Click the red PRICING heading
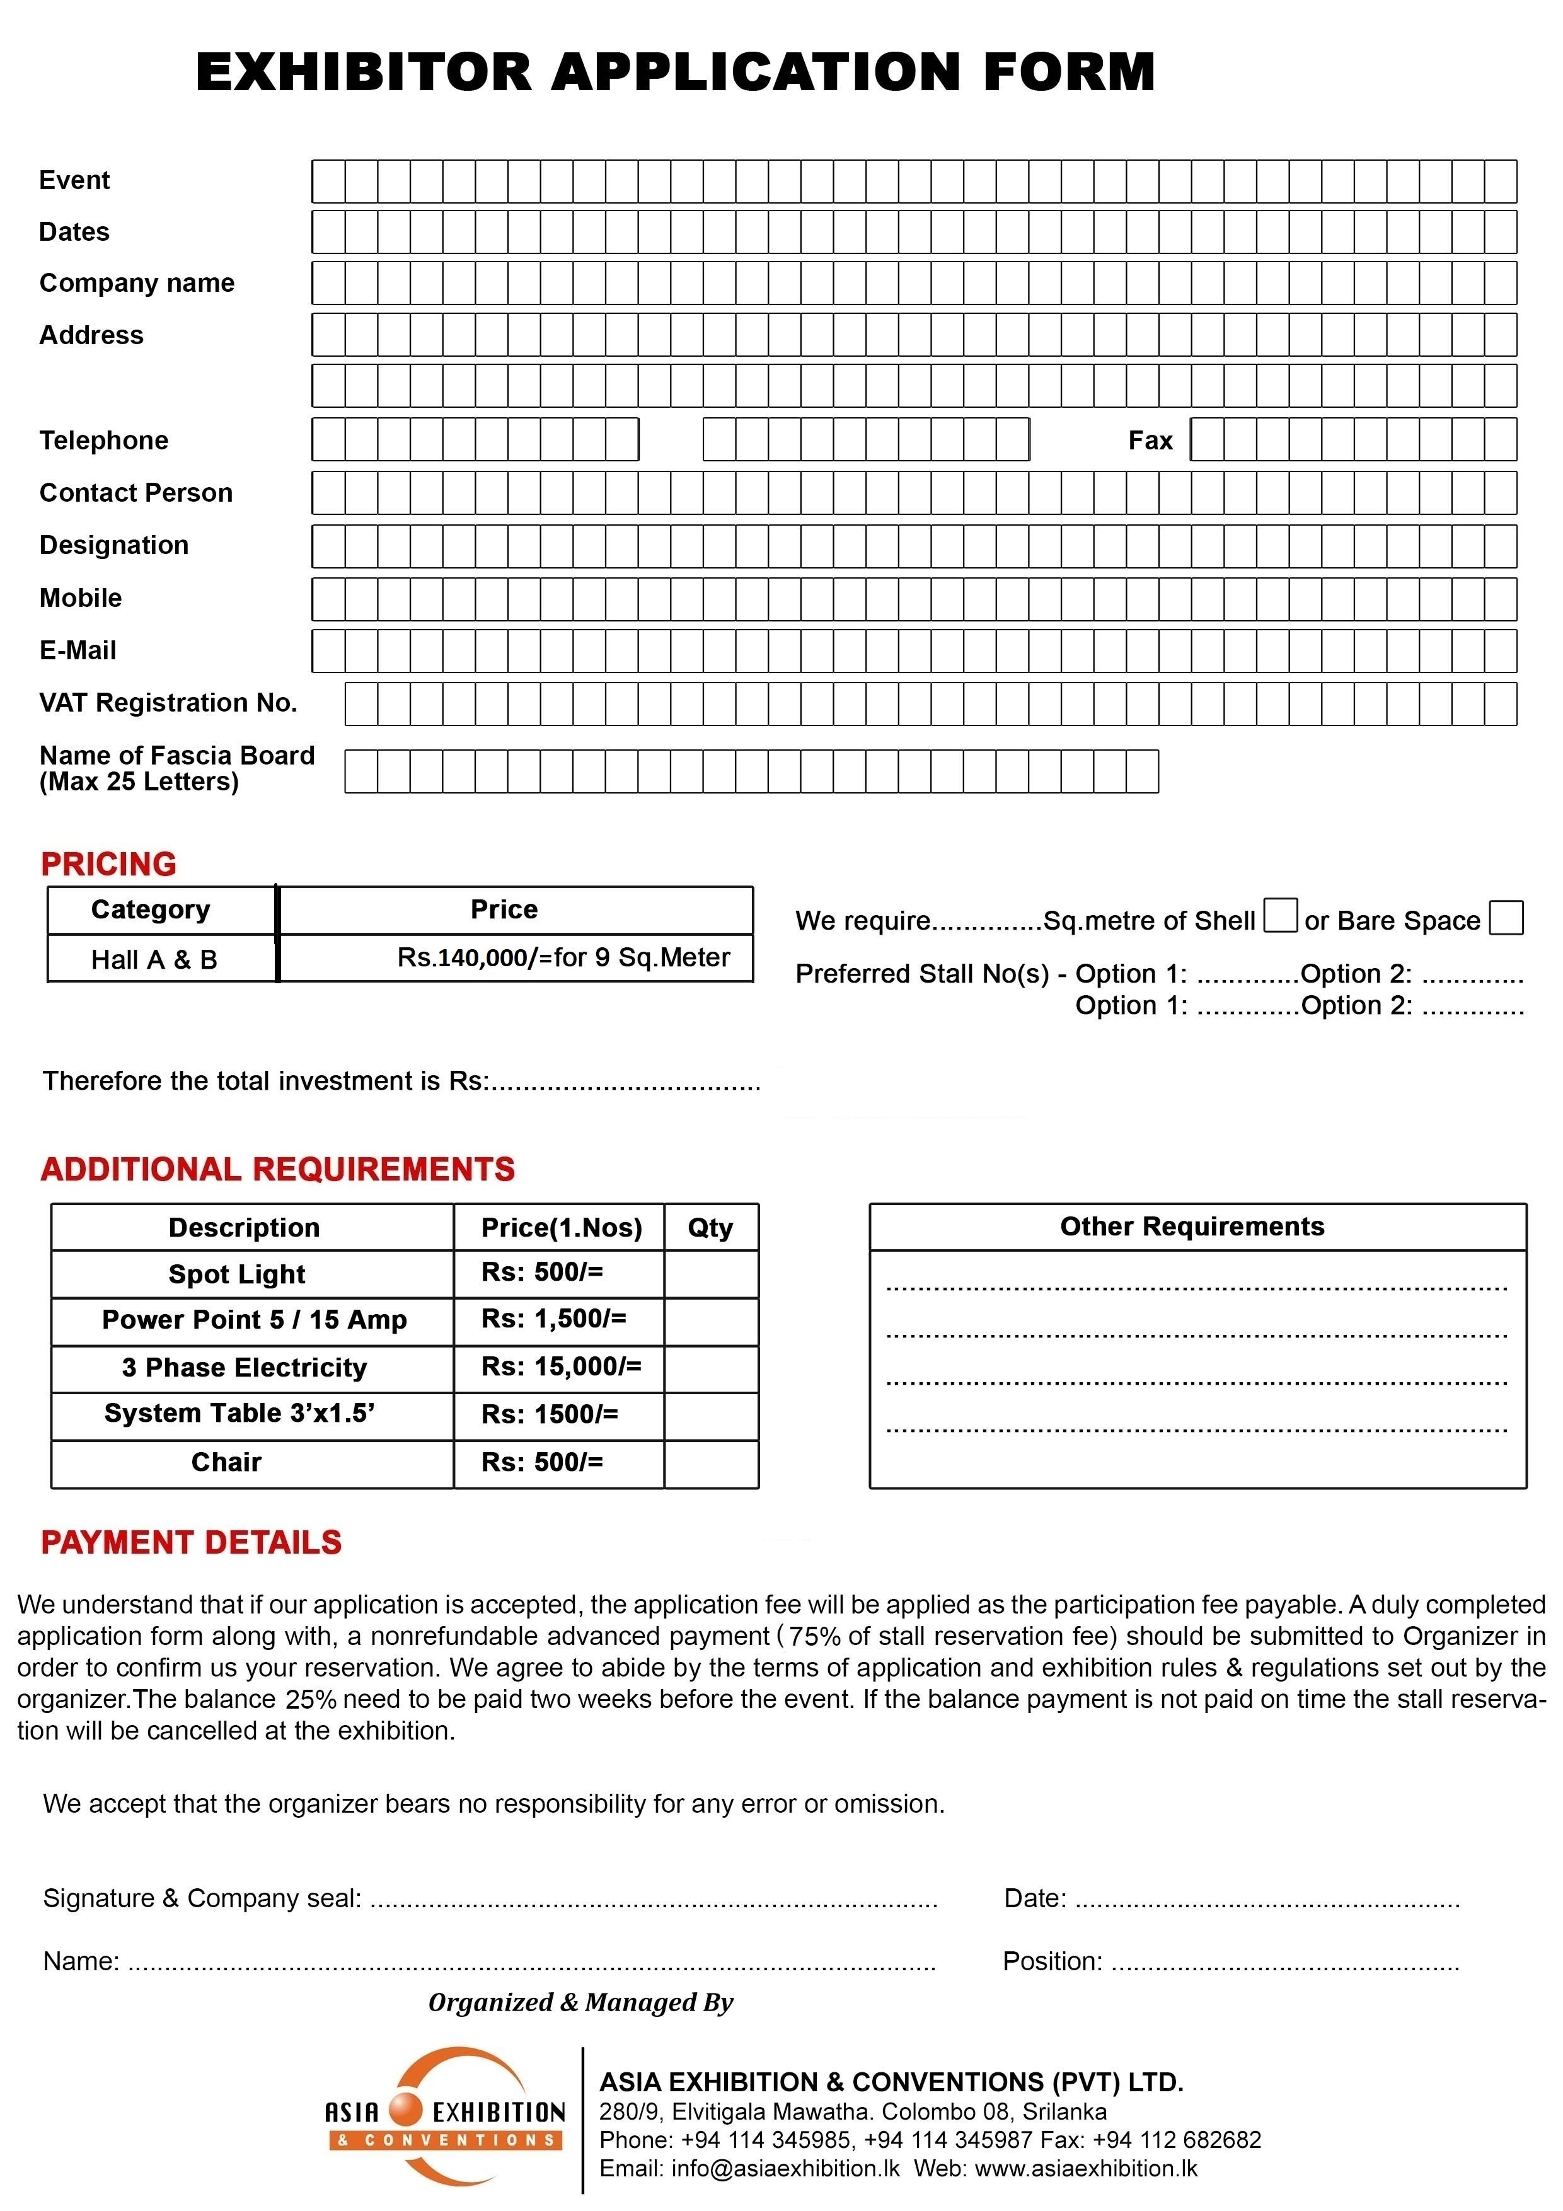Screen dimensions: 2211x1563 109,864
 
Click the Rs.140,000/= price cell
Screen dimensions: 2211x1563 563,957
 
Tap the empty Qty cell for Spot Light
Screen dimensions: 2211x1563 711,1273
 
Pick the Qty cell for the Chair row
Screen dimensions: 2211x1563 711,1463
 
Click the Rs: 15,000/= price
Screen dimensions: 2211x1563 560,1366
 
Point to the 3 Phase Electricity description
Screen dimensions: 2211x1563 245,1368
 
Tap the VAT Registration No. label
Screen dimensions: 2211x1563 168,703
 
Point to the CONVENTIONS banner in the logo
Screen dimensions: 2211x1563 446,2140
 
